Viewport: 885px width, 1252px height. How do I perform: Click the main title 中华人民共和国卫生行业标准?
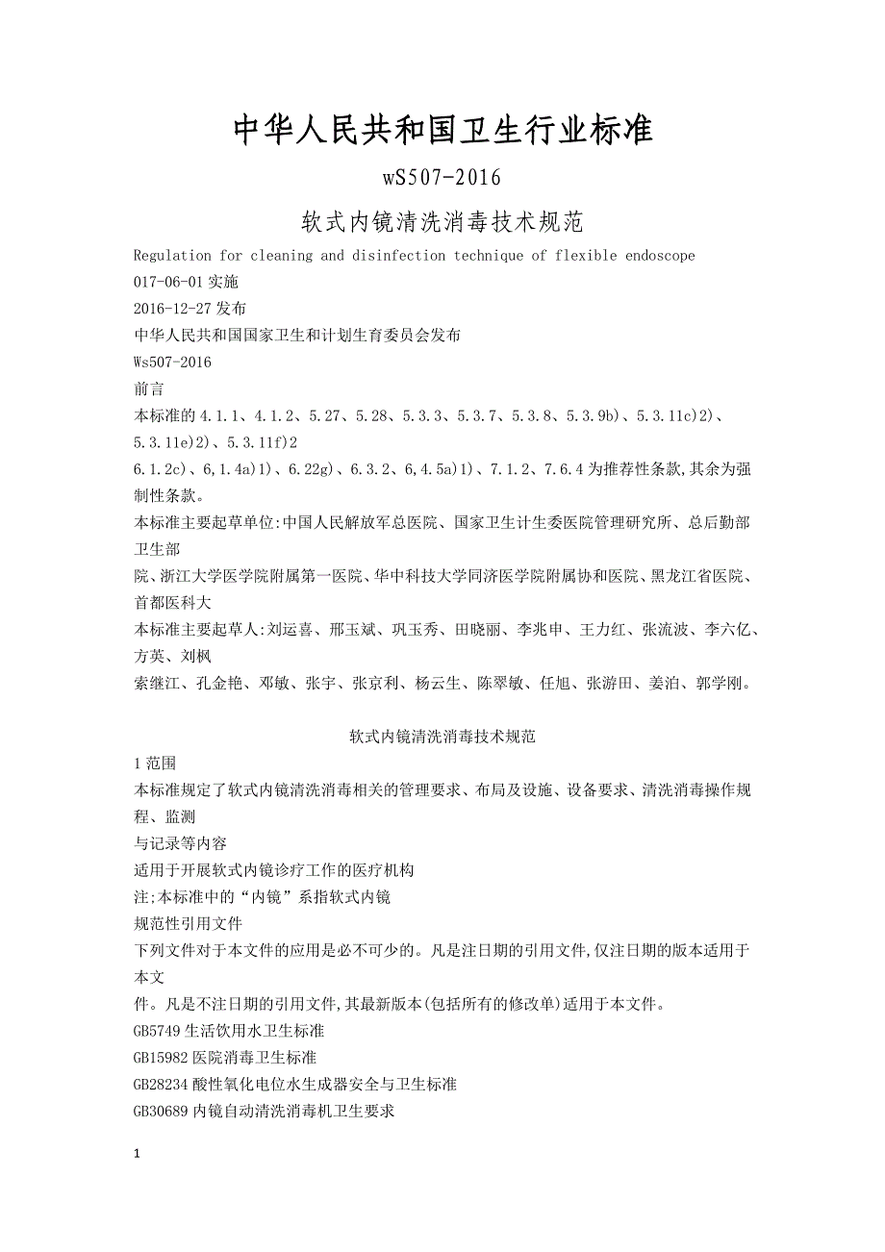click(x=442, y=130)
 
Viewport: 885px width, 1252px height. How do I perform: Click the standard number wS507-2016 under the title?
click(x=442, y=178)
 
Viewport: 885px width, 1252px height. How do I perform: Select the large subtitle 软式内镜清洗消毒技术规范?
click(x=442, y=223)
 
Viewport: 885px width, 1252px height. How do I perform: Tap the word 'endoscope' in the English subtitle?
click(x=663, y=256)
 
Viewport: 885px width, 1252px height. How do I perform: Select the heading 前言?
click(x=149, y=389)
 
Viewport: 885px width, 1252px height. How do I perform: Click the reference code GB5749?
click(x=157, y=1031)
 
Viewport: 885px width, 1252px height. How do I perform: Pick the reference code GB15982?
click(x=161, y=1058)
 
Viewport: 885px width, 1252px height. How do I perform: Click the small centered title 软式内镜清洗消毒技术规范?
click(x=442, y=738)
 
